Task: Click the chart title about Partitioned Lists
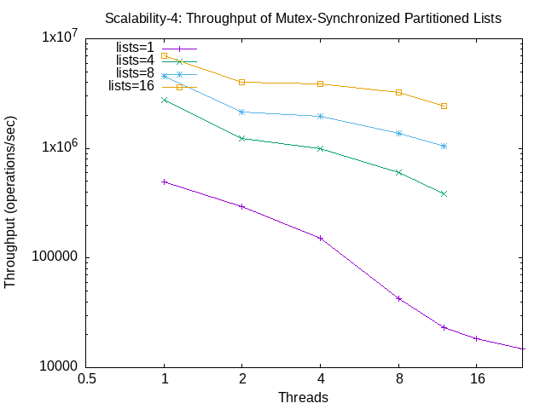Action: point(303,18)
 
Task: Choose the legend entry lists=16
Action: point(131,86)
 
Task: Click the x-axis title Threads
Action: point(303,397)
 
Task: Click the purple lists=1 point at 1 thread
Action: point(164,181)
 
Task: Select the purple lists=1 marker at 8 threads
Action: point(398,298)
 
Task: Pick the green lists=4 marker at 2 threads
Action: point(242,138)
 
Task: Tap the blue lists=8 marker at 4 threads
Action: point(320,116)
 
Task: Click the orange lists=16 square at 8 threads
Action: point(398,92)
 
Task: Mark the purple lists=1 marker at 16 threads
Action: point(477,338)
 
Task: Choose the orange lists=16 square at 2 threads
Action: point(242,82)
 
